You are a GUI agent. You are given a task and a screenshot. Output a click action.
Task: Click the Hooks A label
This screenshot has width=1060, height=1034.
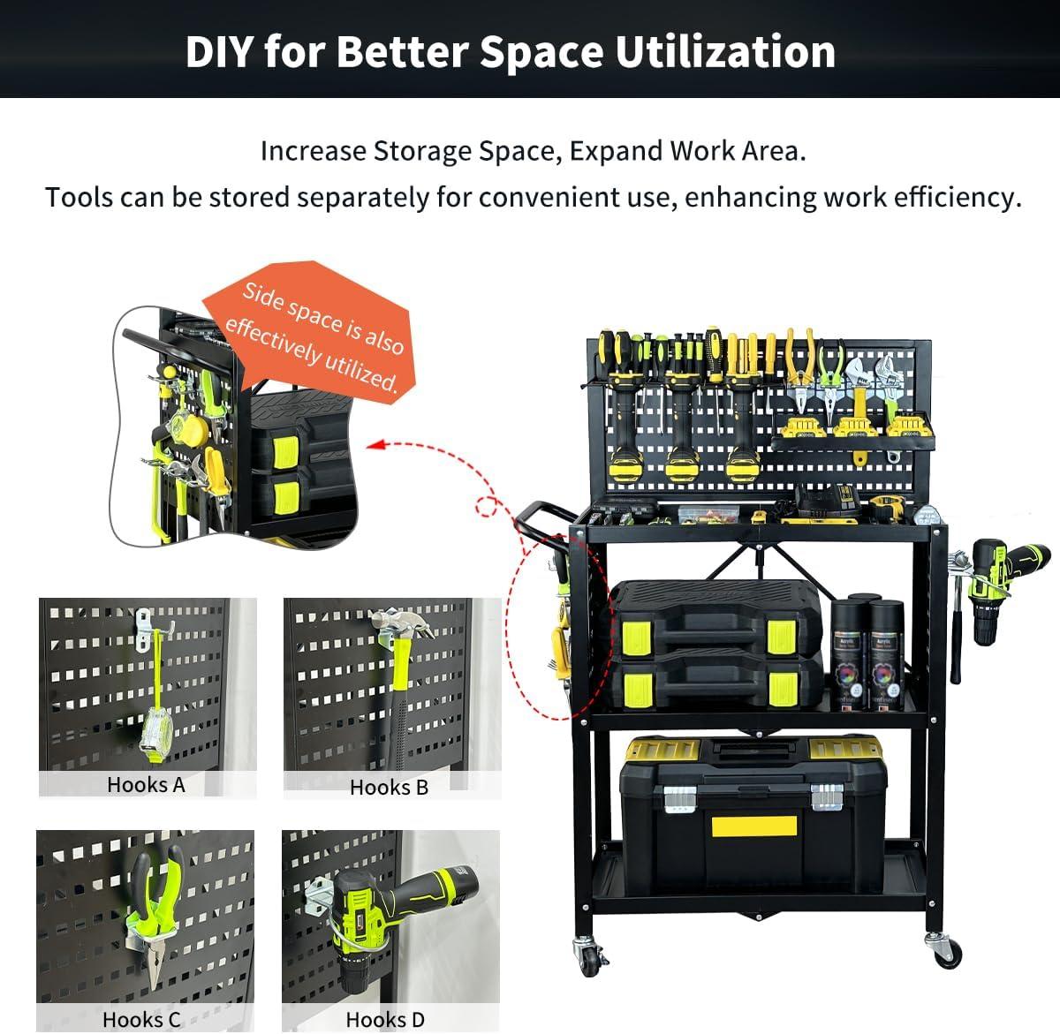[146, 784]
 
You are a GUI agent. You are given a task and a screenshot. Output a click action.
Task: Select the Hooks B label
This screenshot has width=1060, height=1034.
[389, 787]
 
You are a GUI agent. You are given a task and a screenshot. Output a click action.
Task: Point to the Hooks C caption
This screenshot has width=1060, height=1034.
[141, 1019]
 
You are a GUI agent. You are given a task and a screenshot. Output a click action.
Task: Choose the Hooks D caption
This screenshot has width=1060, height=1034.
[385, 1019]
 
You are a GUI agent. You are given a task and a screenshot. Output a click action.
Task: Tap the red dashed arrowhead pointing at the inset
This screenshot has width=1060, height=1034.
[375, 444]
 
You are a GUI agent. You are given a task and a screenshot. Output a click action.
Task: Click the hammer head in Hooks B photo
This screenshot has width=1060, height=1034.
[399, 623]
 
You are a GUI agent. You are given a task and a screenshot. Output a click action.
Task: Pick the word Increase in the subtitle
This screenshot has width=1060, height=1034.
[313, 151]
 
